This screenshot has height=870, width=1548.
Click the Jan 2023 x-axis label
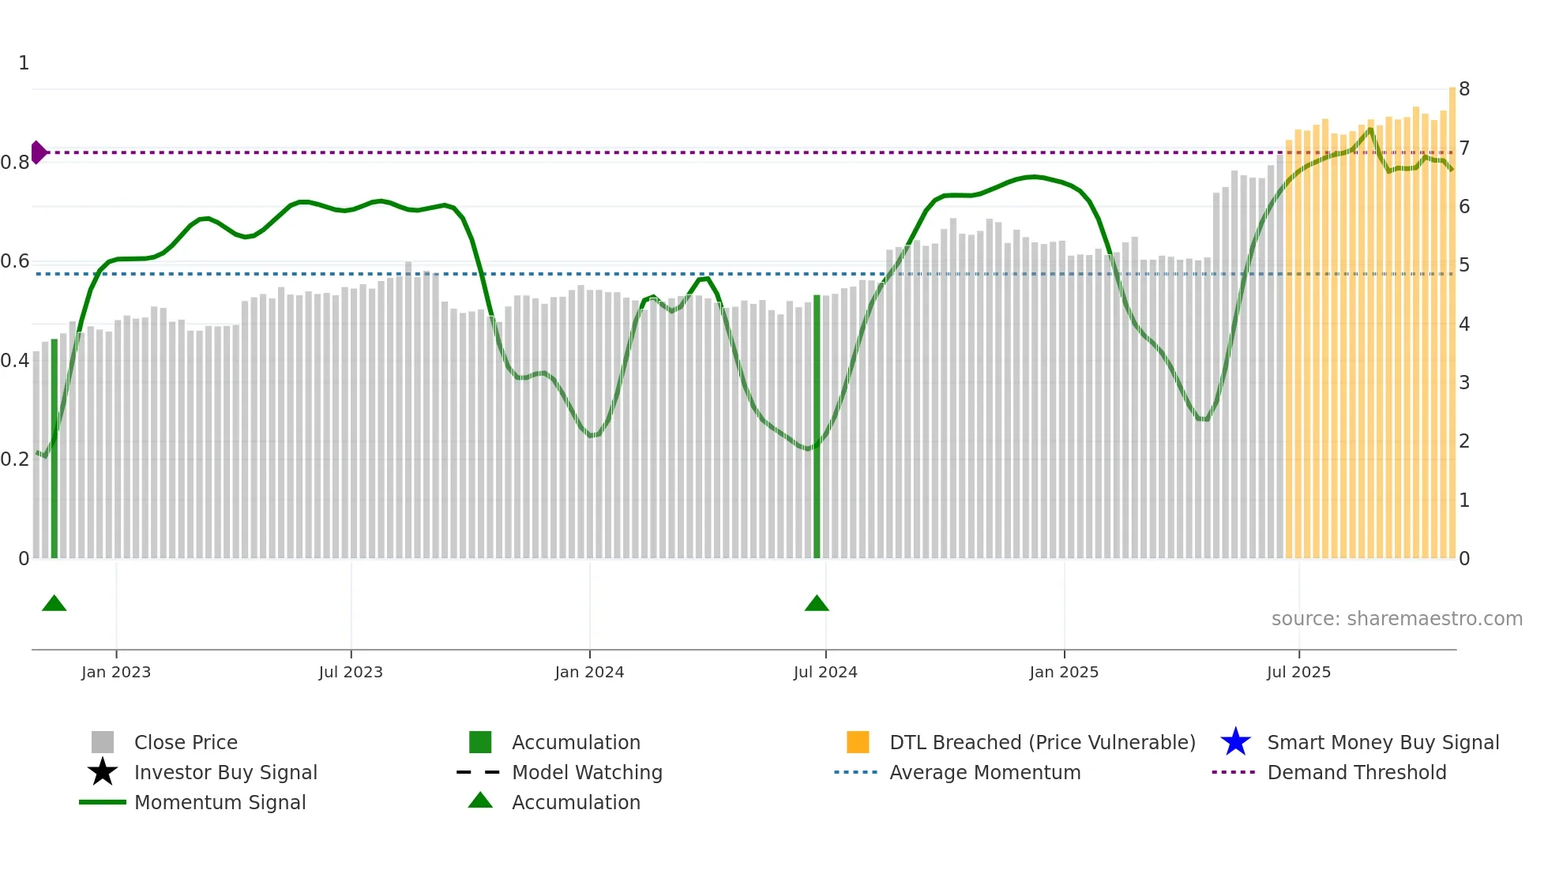116,673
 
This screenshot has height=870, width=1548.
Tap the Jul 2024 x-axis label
825,673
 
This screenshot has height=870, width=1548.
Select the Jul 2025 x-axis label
1298,673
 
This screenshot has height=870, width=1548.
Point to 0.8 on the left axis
15,163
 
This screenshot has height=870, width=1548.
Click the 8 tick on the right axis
1464,89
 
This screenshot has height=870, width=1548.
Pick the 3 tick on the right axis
1464,383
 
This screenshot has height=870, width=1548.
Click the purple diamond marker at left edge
38,152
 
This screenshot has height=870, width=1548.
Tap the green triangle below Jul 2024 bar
817,604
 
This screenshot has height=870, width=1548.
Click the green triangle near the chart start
54,604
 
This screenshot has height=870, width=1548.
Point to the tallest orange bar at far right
1452,316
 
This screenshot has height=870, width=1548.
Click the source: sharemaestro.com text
1396,619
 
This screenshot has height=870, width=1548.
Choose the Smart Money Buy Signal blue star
1235,742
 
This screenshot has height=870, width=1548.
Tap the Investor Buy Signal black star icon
103,772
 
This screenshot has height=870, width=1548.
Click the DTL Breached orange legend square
858,742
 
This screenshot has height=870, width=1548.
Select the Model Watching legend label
587,773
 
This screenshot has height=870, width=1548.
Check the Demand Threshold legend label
1356,773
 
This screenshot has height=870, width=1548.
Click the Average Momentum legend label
985,773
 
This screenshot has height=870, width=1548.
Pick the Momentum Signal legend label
220,803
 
